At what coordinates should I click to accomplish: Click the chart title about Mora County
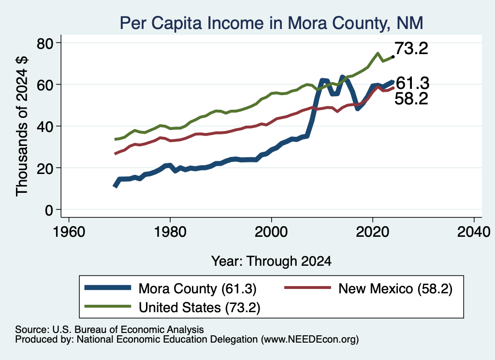pyautogui.click(x=272, y=23)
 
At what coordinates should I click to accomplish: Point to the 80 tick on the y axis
pyautogui.click(x=49, y=43)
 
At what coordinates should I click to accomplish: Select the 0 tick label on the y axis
pyautogui.click(x=49, y=210)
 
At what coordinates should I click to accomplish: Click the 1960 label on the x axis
pyautogui.click(x=69, y=232)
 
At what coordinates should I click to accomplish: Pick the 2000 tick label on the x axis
pyautogui.click(x=271, y=232)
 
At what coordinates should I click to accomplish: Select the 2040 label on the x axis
pyautogui.click(x=474, y=232)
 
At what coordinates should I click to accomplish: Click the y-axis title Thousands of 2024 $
pyautogui.click(x=22, y=126)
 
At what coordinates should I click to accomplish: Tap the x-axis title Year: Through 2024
pyautogui.click(x=271, y=261)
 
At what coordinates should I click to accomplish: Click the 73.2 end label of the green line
pyautogui.click(x=411, y=48)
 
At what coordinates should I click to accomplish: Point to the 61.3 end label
pyautogui.click(x=412, y=83)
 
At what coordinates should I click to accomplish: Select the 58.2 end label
pyautogui.click(x=411, y=99)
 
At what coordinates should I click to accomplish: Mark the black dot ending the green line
pyautogui.click(x=393, y=57)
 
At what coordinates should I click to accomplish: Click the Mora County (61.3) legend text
pyautogui.click(x=197, y=288)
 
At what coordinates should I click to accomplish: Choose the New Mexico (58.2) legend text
pyautogui.click(x=395, y=288)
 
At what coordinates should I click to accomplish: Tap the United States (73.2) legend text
pyautogui.click(x=200, y=307)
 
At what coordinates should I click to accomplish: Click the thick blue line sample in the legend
pyautogui.click(x=108, y=288)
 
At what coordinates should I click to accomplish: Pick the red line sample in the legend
pyautogui.click(x=307, y=288)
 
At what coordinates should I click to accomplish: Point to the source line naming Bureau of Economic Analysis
pyautogui.click(x=110, y=330)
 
